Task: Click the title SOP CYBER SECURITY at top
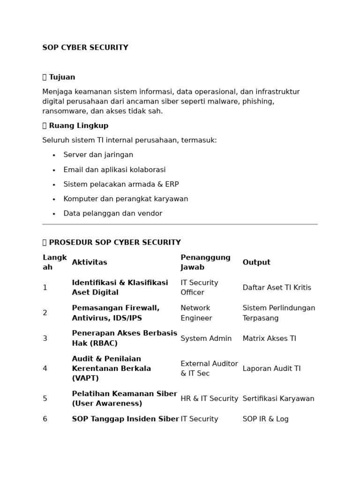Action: tap(85, 48)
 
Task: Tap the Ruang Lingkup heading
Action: tap(78, 126)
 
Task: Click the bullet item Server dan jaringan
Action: tap(98, 155)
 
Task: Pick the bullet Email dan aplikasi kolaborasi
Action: tap(114, 170)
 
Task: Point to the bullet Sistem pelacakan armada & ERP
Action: tap(121, 184)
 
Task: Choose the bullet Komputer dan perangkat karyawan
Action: tap(126, 199)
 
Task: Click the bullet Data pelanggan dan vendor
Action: tap(112, 213)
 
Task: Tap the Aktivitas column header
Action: tap(90, 262)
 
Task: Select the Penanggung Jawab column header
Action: tap(205, 262)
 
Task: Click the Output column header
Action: tap(256, 262)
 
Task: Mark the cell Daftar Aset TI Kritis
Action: tap(277, 288)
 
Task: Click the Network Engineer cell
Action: tap(196, 313)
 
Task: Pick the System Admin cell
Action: tap(206, 338)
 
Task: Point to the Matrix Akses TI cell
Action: tap(269, 338)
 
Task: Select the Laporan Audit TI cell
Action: tap(271, 368)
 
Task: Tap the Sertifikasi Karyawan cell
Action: tap(278, 398)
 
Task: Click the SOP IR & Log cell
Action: tap(265, 419)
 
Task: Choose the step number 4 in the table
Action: tap(45, 368)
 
